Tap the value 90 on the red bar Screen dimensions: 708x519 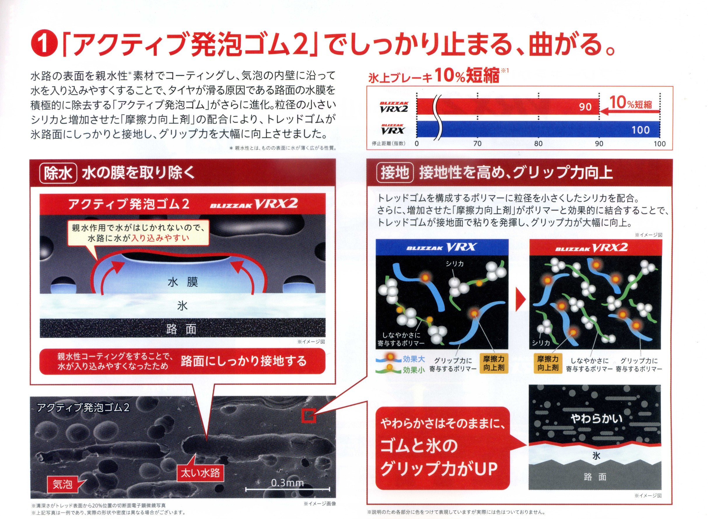(585, 107)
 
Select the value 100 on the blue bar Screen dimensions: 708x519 (641, 130)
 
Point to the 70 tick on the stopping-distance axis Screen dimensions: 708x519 (477, 144)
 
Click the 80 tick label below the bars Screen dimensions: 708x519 (538, 144)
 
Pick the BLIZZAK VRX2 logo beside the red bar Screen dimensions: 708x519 (394, 107)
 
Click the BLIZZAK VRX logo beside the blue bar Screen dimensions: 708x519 (392, 129)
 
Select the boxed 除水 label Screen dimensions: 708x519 (58, 173)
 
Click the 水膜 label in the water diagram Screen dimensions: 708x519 (183, 282)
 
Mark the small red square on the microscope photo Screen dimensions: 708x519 (309, 416)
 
